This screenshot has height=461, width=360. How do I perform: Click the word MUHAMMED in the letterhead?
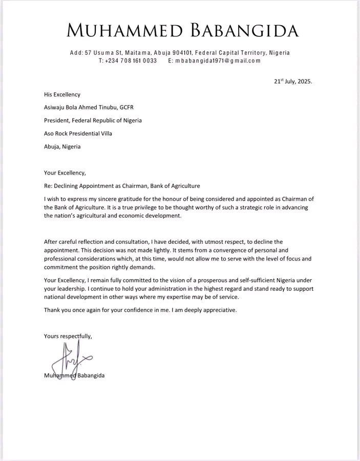(124, 31)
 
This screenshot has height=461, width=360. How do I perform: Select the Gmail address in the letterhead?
(218, 60)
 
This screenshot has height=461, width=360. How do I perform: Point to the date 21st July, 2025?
(292, 81)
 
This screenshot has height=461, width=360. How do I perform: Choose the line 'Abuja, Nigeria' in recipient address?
(62, 146)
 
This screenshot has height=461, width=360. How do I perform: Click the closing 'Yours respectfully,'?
(68, 336)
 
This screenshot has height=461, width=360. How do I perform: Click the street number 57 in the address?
(88, 53)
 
